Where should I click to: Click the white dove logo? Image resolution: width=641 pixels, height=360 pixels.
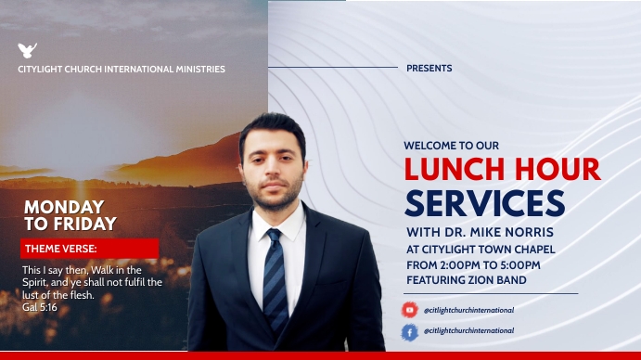(27, 51)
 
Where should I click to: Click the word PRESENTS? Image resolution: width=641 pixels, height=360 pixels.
(429, 69)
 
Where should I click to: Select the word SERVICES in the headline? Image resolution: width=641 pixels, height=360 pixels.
(484, 203)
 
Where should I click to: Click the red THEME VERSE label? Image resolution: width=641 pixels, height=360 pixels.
(60, 248)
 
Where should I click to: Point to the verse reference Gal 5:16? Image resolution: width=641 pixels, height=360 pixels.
(40, 306)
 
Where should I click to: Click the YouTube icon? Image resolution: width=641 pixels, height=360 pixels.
(409, 310)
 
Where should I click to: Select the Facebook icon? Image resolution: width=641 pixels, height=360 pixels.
(409, 331)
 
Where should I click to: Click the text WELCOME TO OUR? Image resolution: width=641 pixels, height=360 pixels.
(452, 146)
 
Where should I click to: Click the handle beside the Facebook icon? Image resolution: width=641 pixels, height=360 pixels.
(468, 331)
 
